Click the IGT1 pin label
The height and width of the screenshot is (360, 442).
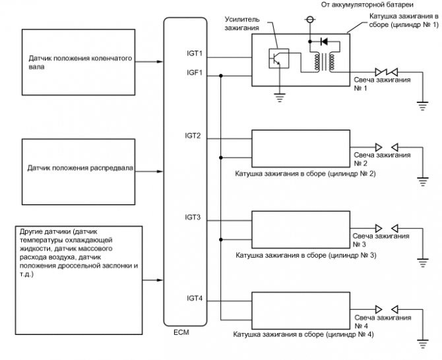click(x=194, y=53)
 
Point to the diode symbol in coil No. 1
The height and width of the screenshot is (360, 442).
click(x=323, y=41)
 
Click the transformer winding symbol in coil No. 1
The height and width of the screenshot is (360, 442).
click(x=323, y=62)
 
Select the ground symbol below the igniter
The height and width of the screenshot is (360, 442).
click(x=280, y=98)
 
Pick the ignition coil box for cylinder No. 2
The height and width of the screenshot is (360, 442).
click(x=301, y=149)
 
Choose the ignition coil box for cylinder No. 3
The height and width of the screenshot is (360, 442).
click(x=301, y=229)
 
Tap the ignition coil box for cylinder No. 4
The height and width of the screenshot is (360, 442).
click(x=301, y=309)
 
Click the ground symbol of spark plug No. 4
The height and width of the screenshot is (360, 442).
click(x=422, y=342)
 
